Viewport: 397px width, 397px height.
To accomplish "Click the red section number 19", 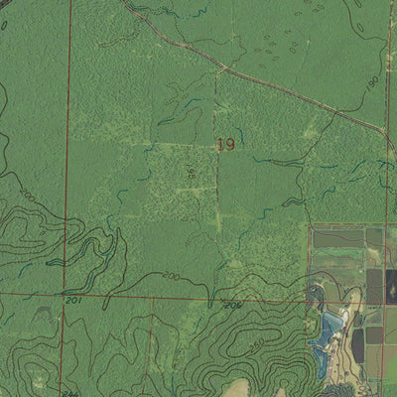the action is click(225, 145).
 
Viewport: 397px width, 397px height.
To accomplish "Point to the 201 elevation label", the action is click(72, 300).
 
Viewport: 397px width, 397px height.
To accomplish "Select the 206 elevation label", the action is click(232, 305).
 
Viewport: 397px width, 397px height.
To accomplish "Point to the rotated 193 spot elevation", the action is click(191, 171).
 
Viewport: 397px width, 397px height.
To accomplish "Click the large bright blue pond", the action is click(331, 328).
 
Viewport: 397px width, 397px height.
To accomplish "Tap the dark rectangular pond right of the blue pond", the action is click(357, 342).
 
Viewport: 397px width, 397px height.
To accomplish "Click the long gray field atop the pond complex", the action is click(338, 238).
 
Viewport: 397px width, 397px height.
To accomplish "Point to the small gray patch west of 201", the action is click(45, 311).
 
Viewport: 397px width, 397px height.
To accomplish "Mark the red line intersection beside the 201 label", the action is click(67, 294).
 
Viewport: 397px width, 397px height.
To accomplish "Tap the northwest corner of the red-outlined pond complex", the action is click(309, 226).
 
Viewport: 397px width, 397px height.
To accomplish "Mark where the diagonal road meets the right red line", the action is click(385, 129).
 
